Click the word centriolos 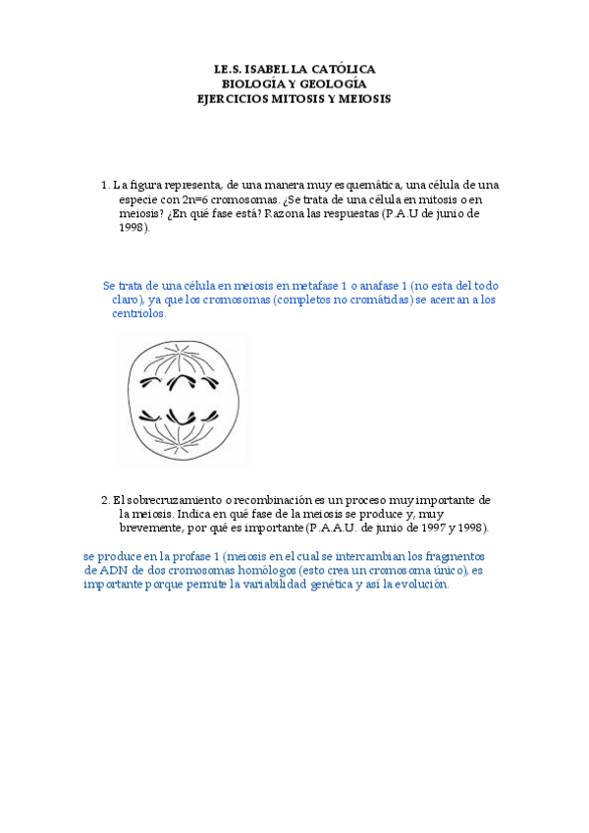tap(139, 314)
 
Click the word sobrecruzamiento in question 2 tap(180, 500)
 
